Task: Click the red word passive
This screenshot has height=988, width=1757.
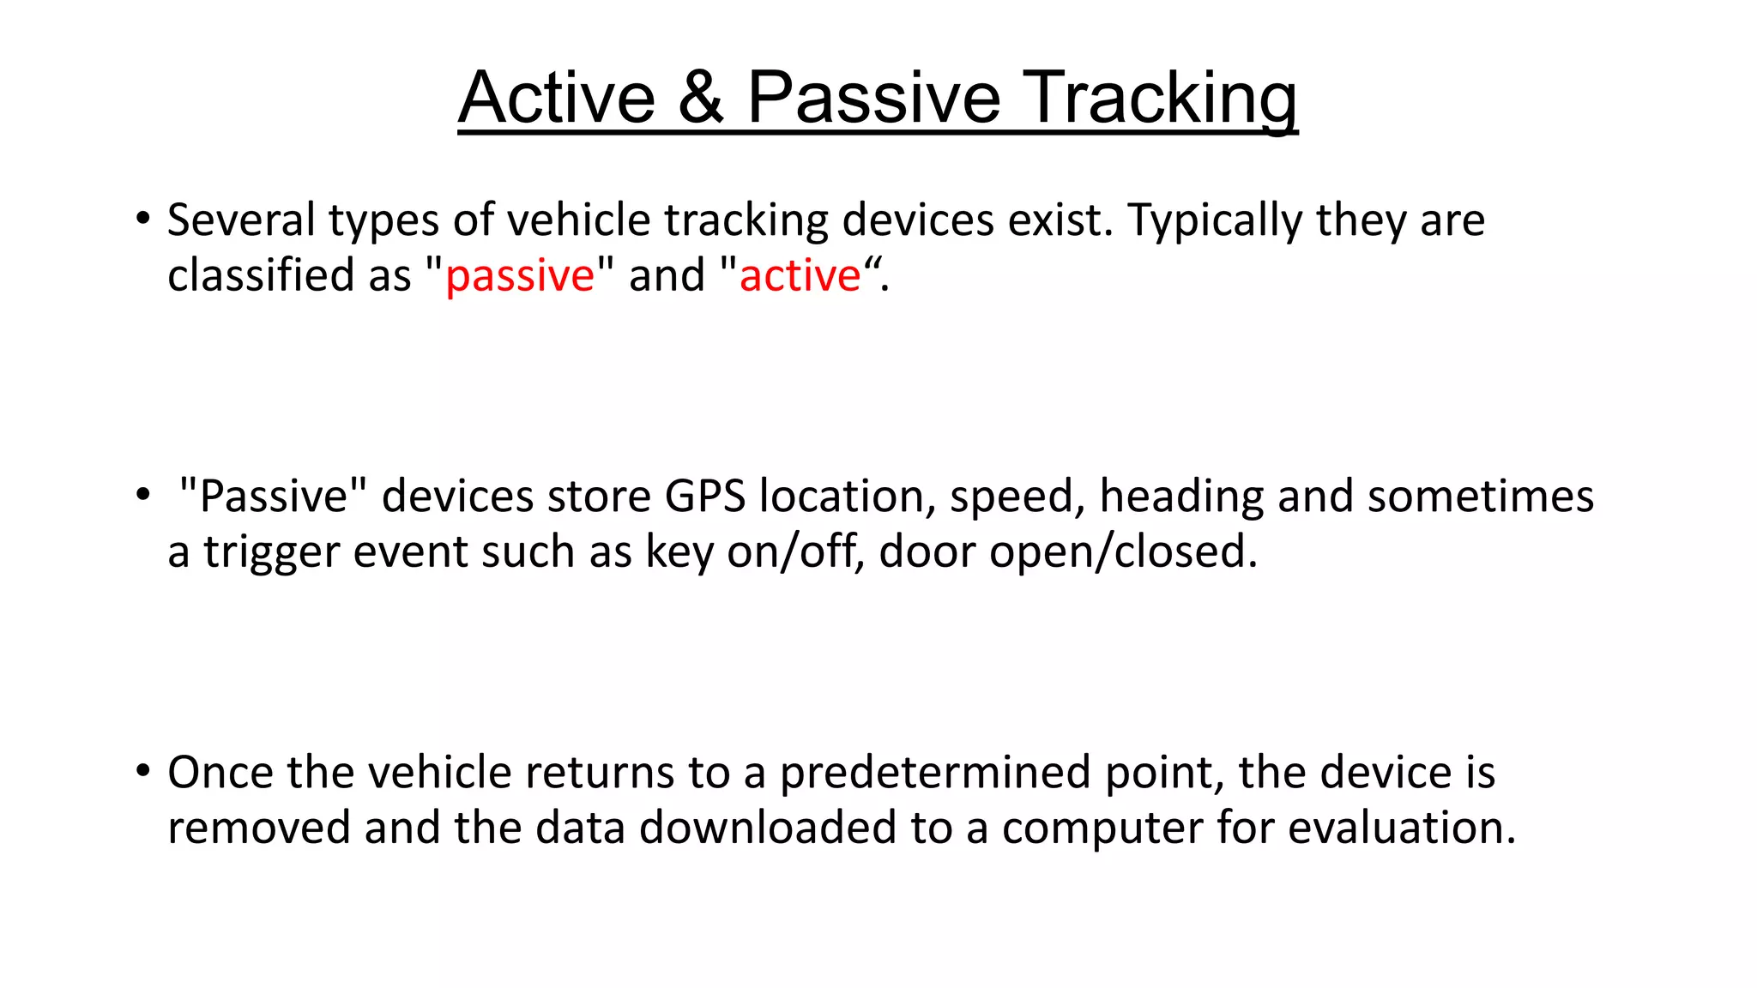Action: tap(520, 277)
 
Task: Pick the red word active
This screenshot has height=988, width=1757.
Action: tap(800, 276)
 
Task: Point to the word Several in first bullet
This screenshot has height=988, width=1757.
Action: tap(241, 220)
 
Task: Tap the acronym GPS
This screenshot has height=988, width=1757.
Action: tap(705, 497)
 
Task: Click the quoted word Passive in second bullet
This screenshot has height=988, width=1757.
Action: tap(273, 497)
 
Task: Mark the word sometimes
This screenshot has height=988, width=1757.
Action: tap(1480, 497)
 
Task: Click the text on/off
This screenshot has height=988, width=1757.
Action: tap(795, 551)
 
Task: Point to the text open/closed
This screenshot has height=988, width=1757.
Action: tap(1123, 553)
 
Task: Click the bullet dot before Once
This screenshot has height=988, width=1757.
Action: tap(142, 770)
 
